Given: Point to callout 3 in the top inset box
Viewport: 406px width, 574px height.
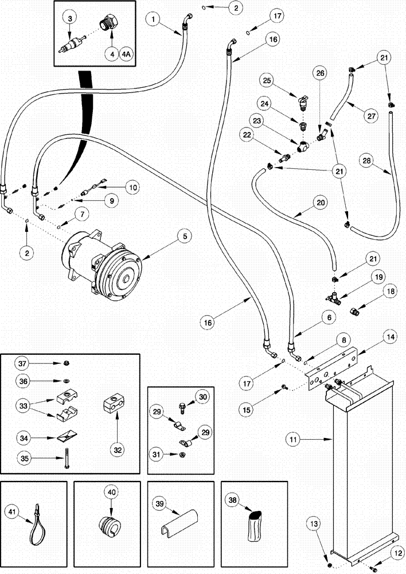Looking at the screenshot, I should click(69, 19).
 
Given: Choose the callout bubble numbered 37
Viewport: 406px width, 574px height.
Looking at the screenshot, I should click(23, 364).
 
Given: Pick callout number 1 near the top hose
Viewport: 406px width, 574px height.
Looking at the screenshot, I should click(154, 20).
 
